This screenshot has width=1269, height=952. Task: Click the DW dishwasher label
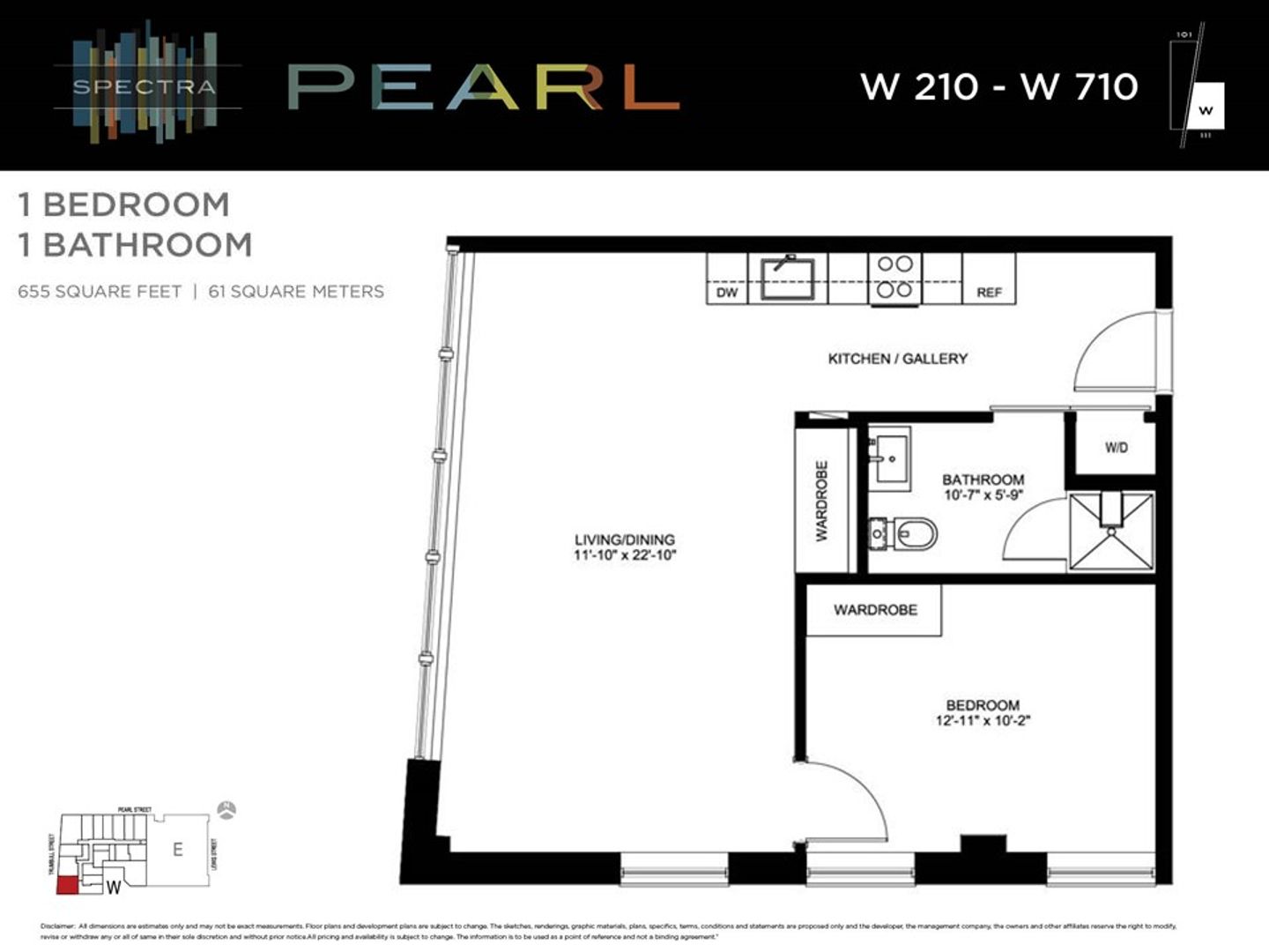727,293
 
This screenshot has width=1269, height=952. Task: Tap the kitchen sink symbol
787,278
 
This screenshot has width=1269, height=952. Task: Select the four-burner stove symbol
894,277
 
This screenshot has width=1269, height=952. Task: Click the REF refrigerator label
989,293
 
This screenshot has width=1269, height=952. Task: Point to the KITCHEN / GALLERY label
897,359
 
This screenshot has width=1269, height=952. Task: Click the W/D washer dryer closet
1116,448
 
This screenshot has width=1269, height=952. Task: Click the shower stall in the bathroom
1110,532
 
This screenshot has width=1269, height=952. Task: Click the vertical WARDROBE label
821,501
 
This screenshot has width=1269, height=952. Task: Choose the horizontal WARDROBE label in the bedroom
875,610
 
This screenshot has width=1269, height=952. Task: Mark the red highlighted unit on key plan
67,885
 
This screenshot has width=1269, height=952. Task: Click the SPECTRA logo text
144,87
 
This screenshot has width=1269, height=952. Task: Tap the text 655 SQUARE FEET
100,292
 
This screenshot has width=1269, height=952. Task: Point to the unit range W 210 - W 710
998,86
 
